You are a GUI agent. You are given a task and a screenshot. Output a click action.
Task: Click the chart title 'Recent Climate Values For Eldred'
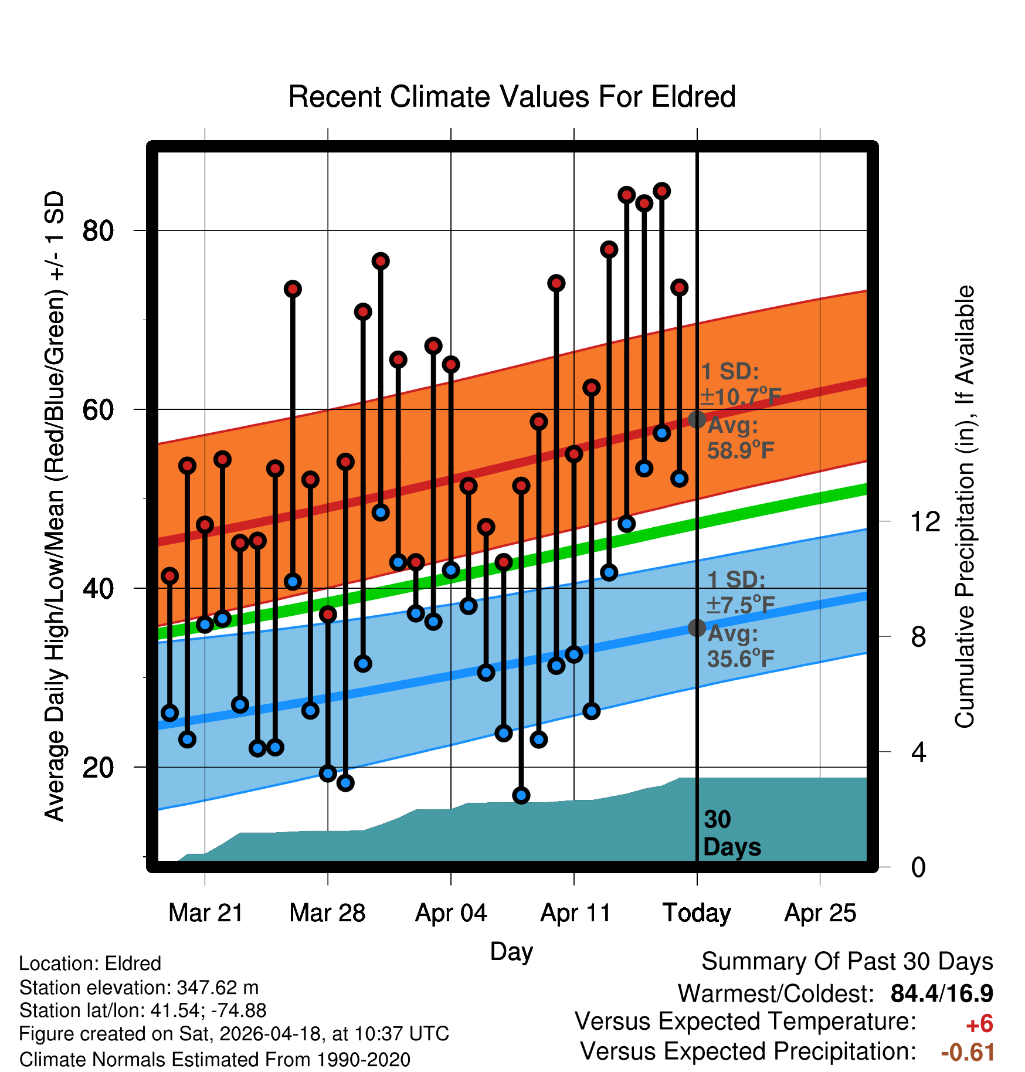512,97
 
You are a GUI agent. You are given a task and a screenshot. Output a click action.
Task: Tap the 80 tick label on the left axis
98,230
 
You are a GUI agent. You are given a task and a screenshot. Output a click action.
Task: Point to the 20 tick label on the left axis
98,767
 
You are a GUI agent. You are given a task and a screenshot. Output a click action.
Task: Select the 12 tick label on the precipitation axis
925,521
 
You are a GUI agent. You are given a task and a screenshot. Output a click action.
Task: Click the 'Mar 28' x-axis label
327,912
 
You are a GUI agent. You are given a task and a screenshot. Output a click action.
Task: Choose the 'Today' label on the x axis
697,913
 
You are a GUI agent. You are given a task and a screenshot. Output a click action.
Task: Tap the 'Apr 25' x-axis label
820,913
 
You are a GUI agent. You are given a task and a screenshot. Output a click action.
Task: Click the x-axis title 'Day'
511,952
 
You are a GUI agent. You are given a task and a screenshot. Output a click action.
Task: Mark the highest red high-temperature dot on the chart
662,191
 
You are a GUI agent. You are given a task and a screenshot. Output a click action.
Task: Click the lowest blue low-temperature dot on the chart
521,795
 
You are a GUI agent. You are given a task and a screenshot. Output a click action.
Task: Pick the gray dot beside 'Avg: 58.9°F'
697,419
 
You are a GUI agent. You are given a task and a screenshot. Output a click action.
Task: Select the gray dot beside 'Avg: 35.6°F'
697,628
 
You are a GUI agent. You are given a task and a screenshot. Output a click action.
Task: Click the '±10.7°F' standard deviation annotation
741,396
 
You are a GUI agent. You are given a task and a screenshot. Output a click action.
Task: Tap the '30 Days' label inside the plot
732,833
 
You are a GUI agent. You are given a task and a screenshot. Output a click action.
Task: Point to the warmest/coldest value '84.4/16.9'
942,993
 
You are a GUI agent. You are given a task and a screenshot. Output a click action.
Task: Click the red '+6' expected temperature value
979,1024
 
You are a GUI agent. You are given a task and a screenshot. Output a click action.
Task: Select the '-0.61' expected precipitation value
968,1053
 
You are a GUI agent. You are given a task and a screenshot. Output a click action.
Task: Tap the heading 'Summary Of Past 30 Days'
847,962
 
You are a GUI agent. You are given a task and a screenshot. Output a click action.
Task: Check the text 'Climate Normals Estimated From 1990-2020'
215,1059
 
